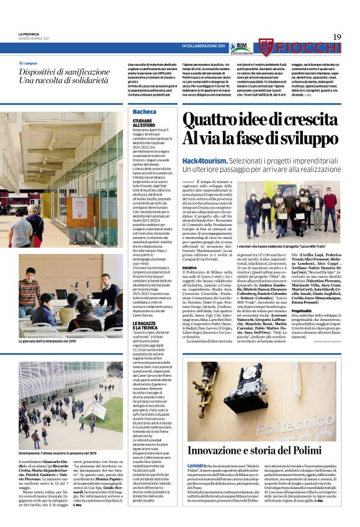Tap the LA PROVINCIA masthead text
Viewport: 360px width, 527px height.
tap(29, 34)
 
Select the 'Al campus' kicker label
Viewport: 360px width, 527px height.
tap(28, 63)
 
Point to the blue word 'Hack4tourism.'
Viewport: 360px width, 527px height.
tap(203, 160)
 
